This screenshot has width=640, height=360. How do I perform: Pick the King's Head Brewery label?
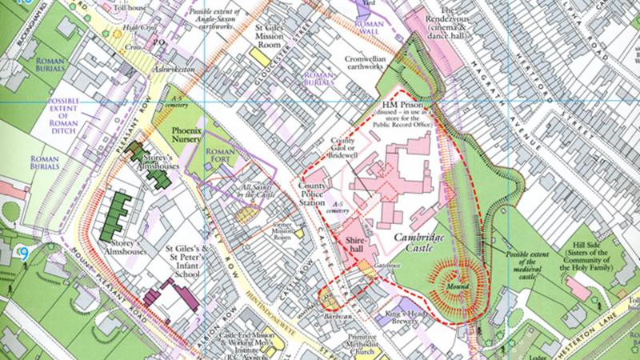(x=402, y=314)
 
